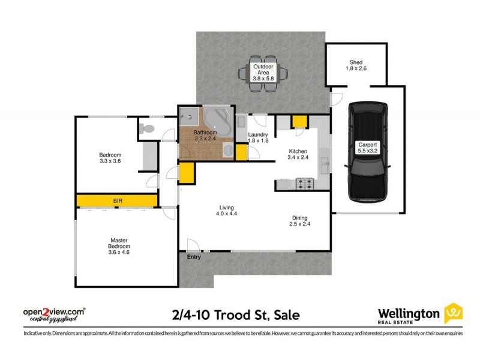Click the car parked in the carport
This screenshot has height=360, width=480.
coord(367,152)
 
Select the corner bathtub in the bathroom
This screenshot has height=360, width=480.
coord(217,121)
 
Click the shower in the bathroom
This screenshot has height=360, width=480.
coord(189,116)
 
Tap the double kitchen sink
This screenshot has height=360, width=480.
coord(324,163)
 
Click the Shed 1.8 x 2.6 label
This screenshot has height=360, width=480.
coord(356,65)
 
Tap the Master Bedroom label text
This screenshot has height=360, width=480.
coord(118,246)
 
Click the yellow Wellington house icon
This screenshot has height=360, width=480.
coord(453,314)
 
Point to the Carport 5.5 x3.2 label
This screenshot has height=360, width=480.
coord(367,148)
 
